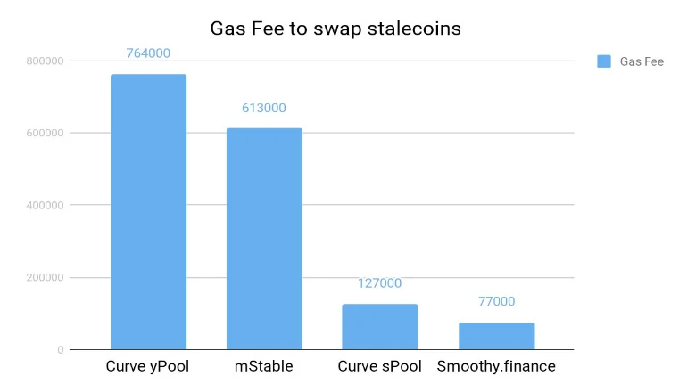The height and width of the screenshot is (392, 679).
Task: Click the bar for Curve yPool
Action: [148, 212]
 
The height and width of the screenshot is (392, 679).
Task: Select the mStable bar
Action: [264, 239]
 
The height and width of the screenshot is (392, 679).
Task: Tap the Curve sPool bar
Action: [380, 327]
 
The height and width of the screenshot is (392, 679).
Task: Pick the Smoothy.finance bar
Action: [496, 336]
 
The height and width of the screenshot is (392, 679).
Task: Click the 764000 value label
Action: [148, 53]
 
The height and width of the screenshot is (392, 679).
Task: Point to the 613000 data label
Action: [264, 108]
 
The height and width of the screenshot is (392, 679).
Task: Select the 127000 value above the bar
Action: [380, 283]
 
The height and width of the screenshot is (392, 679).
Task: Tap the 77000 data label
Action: [496, 301]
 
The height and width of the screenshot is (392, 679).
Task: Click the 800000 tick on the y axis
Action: [45, 61]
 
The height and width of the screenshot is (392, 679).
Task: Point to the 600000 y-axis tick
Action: [45, 133]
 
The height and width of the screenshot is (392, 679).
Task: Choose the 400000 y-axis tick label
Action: [45, 205]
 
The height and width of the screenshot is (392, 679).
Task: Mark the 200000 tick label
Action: [45, 277]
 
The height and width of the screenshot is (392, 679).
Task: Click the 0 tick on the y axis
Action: [60, 349]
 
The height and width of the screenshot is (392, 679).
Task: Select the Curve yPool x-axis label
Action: [148, 366]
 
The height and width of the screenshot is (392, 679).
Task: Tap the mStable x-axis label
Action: [264, 366]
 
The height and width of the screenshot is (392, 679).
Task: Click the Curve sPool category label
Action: [380, 366]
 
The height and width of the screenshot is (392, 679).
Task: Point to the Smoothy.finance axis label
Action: [496, 366]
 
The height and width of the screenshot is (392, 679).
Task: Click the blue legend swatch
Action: [603, 61]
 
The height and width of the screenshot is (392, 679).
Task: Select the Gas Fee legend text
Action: [642, 61]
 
